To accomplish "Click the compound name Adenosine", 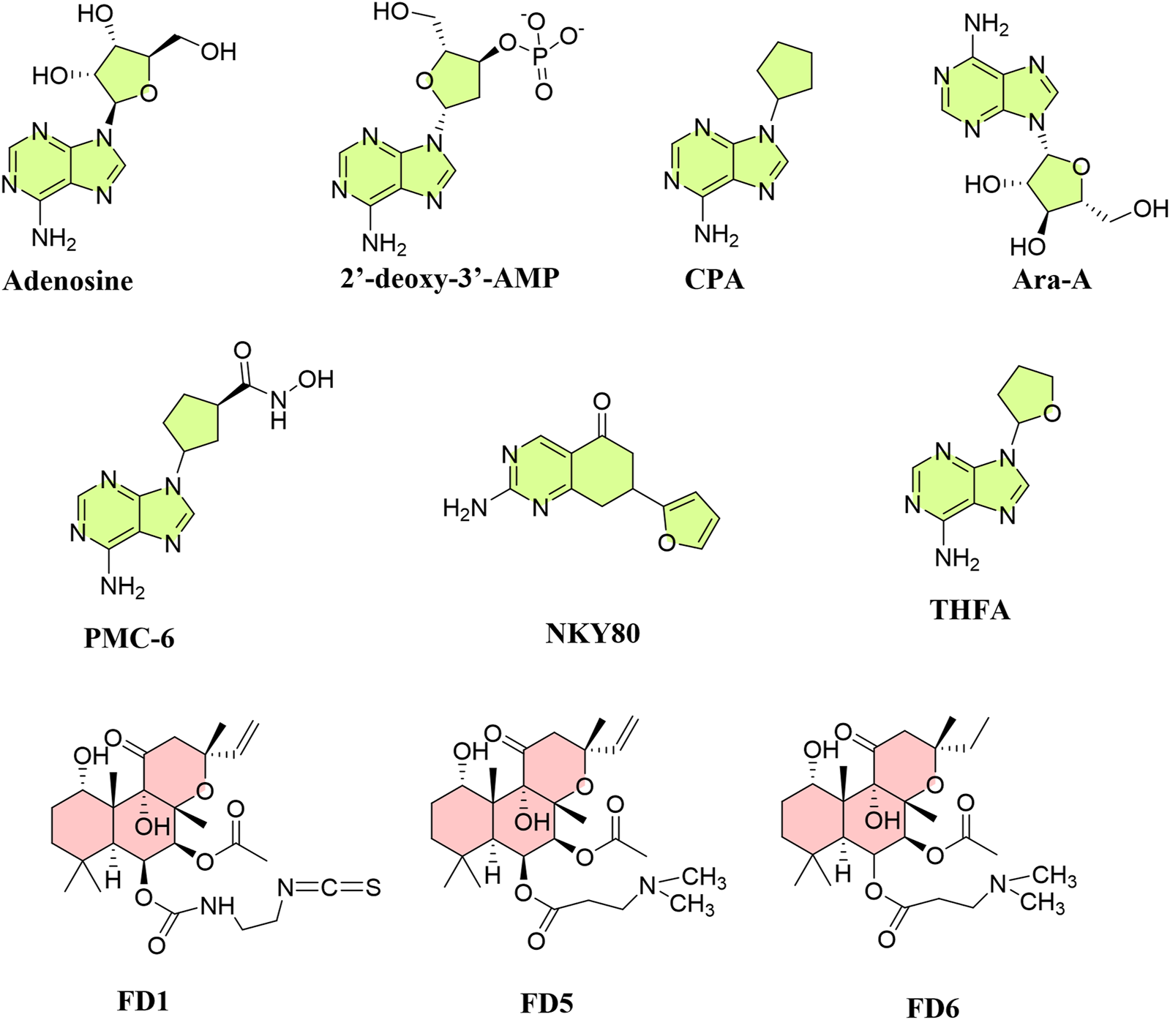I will pos(68,281).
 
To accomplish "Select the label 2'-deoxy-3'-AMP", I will pos(449,278).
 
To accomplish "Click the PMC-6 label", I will pos(130,638).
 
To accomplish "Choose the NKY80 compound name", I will pos(593,633).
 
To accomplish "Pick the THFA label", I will pos(970,610).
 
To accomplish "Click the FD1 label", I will pos(143,1001).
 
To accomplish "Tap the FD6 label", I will pos(932,1008).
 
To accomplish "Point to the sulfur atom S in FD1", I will pos(373,888).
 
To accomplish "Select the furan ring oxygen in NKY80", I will pos(667,543).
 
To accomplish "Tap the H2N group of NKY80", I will pos(465,508).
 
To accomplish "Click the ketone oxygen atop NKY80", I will pos(601,401).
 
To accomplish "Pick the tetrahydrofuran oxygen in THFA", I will pos(1052,414).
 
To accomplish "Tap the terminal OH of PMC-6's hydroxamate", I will pos(315,379).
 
